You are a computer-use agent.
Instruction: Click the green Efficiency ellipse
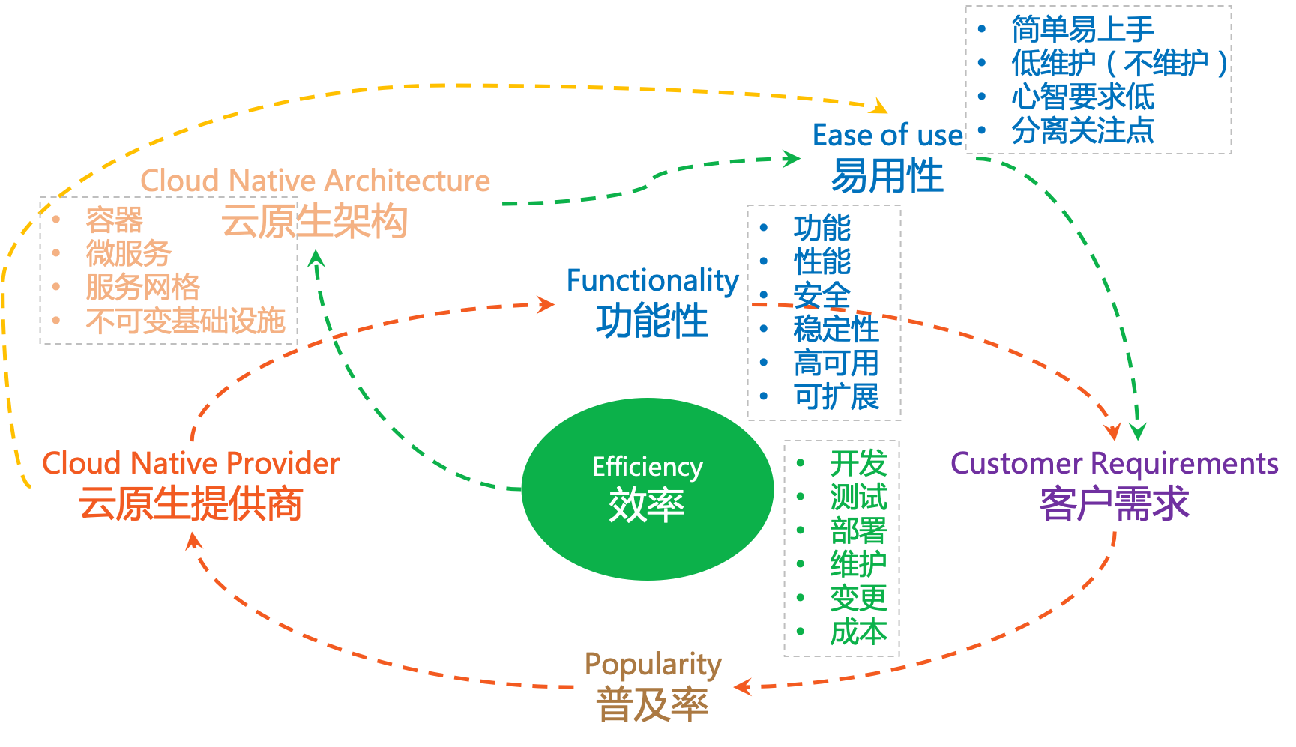647,489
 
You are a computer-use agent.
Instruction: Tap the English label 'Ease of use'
887,136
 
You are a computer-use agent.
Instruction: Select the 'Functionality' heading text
652,281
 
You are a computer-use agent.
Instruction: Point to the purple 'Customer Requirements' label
1114,464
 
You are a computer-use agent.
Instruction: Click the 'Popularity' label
652,664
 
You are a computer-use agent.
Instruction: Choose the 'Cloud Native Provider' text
190,464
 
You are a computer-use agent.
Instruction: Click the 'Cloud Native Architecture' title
315,181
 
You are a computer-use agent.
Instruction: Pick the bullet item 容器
114,220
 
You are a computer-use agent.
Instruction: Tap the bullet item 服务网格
142,287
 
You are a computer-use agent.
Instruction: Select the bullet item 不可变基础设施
185,321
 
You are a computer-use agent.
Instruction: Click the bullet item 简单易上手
1082,30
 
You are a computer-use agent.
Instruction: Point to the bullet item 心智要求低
1082,97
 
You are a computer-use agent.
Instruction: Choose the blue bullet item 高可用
836,363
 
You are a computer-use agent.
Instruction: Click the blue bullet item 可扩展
836,396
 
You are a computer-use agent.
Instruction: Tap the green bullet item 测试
858,498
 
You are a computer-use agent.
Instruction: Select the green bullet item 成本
858,632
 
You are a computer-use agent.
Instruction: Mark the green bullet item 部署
858,531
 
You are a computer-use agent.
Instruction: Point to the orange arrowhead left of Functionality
546,304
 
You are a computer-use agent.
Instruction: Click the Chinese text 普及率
652,705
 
